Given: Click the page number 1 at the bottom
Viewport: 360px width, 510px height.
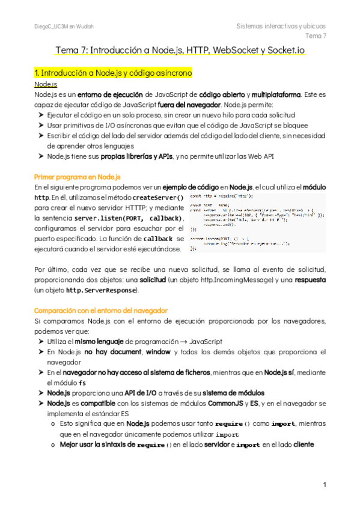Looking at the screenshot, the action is coord(324,484).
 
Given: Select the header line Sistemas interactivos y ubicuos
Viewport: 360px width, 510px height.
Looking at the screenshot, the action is coord(281,26).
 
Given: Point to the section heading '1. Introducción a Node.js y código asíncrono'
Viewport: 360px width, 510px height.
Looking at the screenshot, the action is coord(113,73).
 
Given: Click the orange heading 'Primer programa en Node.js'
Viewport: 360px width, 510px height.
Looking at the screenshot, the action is coord(78,177).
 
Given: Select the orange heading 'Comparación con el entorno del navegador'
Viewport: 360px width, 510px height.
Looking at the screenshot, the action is coord(101,310).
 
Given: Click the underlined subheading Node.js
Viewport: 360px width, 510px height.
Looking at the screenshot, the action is coord(46,84).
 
